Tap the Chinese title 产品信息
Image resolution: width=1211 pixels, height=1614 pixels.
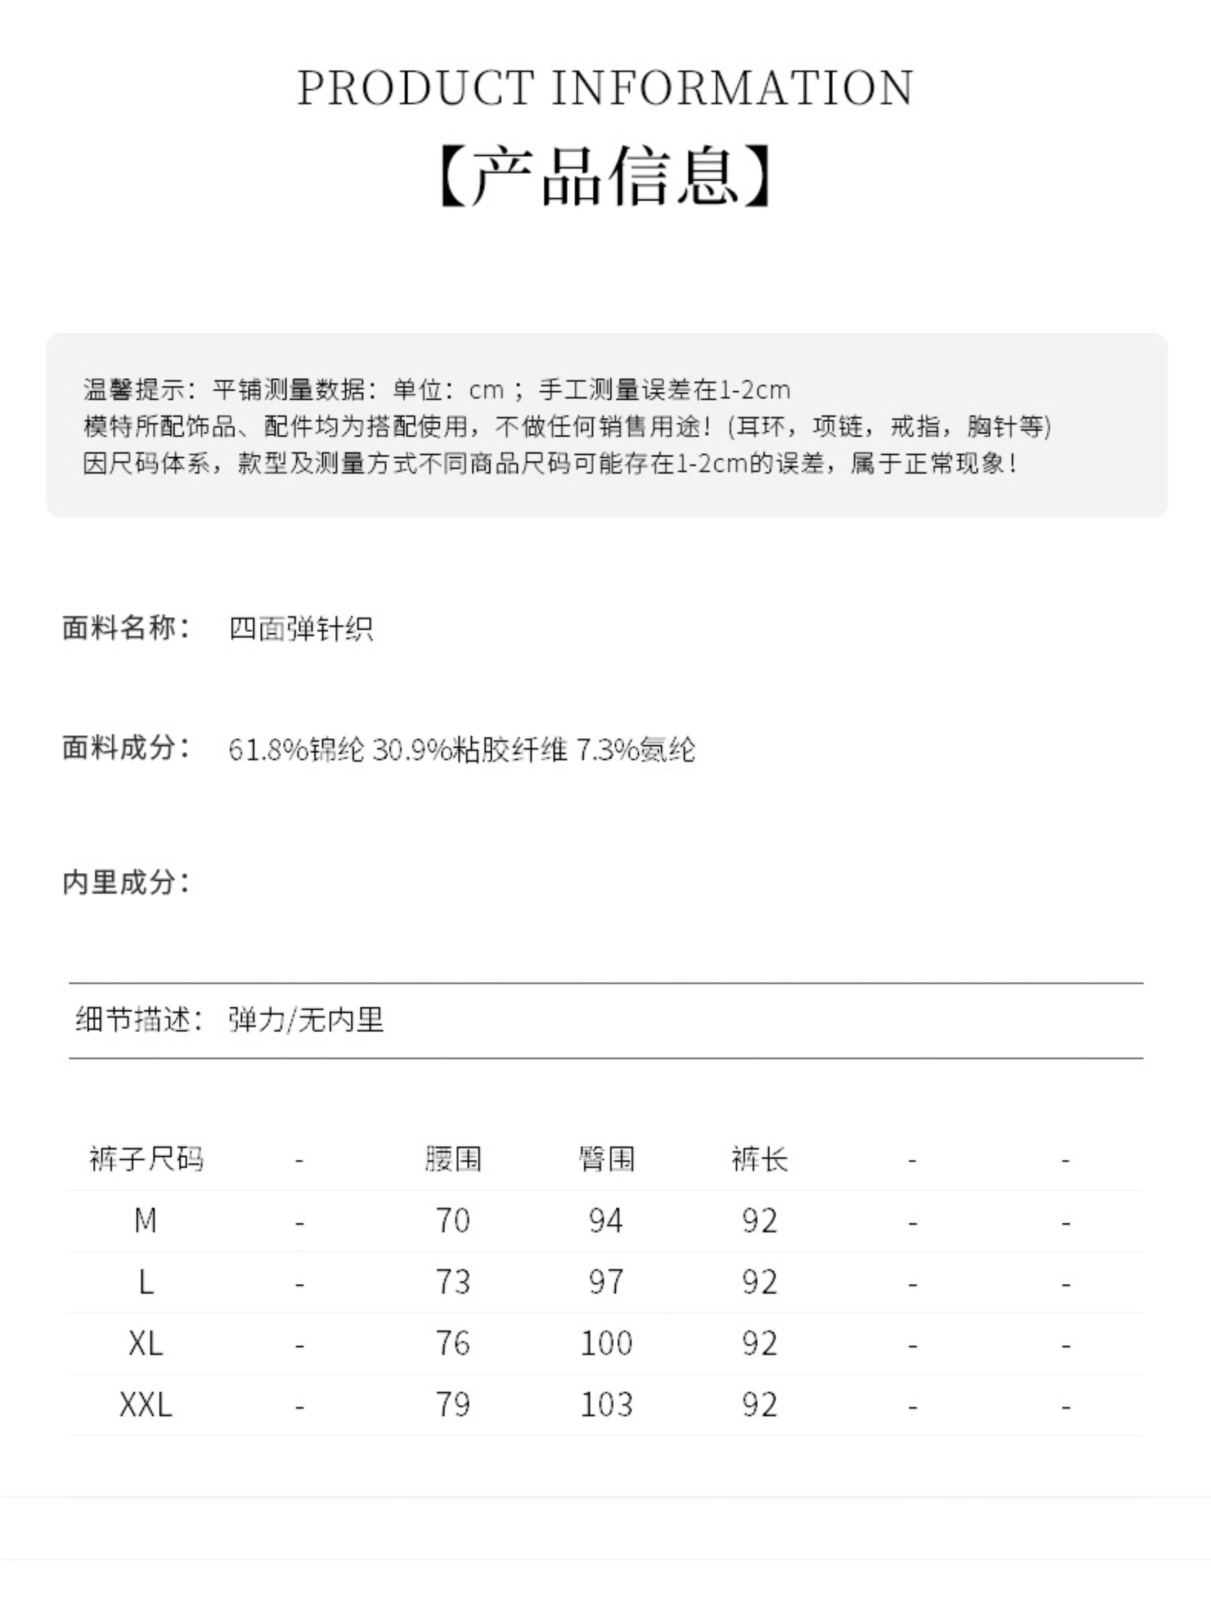click(605, 176)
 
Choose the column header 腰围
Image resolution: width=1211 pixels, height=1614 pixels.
click(453, 1159)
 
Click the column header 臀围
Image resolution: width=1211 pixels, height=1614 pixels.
click(606, 1159)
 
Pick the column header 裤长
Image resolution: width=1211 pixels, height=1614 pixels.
click(759, 1159)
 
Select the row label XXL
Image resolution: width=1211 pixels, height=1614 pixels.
click(146, 1404)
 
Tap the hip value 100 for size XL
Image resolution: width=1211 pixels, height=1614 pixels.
click(606, 1343)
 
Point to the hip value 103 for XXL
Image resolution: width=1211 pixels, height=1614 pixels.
click(606, 1404)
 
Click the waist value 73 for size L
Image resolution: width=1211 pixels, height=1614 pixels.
click(453, 1282)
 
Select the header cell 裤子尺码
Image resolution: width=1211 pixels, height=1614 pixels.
click(146, 1159)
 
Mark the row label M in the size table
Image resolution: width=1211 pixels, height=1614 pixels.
click(146, 1220)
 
